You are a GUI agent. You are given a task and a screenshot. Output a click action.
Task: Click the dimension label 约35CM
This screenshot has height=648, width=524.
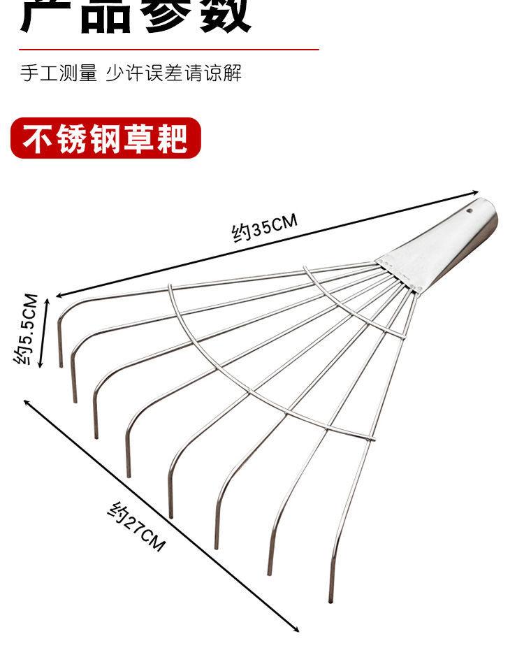[265, 228]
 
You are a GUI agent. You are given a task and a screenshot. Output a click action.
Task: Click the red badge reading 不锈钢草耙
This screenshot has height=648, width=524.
[105, 138]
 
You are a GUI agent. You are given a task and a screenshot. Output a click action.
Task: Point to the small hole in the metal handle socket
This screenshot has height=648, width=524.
[470, 209]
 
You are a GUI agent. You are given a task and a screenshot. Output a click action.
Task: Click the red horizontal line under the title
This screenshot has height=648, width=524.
[168, 50]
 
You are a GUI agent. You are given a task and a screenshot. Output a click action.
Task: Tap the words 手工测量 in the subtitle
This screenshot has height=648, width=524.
[59, 73]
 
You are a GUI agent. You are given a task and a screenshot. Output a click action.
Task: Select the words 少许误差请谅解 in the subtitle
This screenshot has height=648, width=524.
[174, 73]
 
